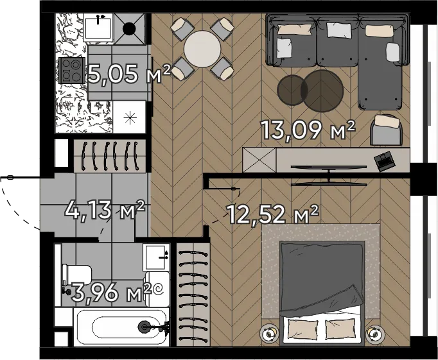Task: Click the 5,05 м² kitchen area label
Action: pos(128,74)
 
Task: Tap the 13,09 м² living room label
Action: pos(308,130)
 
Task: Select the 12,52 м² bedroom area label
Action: pos(273,214)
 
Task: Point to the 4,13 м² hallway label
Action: pos(105,210)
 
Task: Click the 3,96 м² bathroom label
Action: pos(111,292)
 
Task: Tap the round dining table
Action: pos(202,49)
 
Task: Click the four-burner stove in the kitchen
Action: pos(72,70)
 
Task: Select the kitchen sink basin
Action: pos(98,28)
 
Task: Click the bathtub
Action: pos(121,327)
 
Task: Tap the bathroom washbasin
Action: pos(157,257)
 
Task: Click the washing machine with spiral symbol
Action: pos(157,289)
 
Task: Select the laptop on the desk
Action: pos(385,160)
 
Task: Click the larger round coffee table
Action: pos(322,90)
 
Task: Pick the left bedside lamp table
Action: pos(269,334)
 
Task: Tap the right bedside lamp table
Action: pos(375,334)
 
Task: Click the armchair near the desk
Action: pos(387,130)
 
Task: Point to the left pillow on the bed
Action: pos(303,329)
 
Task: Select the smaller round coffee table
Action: pos(292,90)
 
